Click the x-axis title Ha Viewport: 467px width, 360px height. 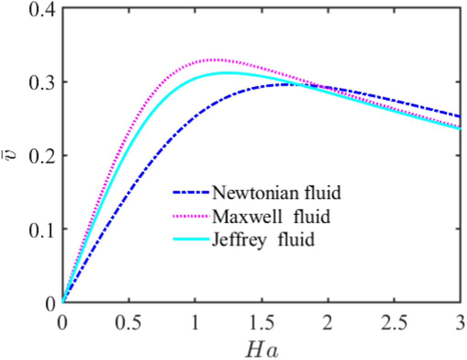pyautogui.click(x=261, y=349)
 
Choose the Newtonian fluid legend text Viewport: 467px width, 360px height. pyautogui.click(x=277, y=193)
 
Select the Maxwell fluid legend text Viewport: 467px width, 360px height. pyautogui.click(x=271, y=216)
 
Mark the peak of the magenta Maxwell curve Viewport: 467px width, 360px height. pyautogui.click(x=214, y=59)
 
